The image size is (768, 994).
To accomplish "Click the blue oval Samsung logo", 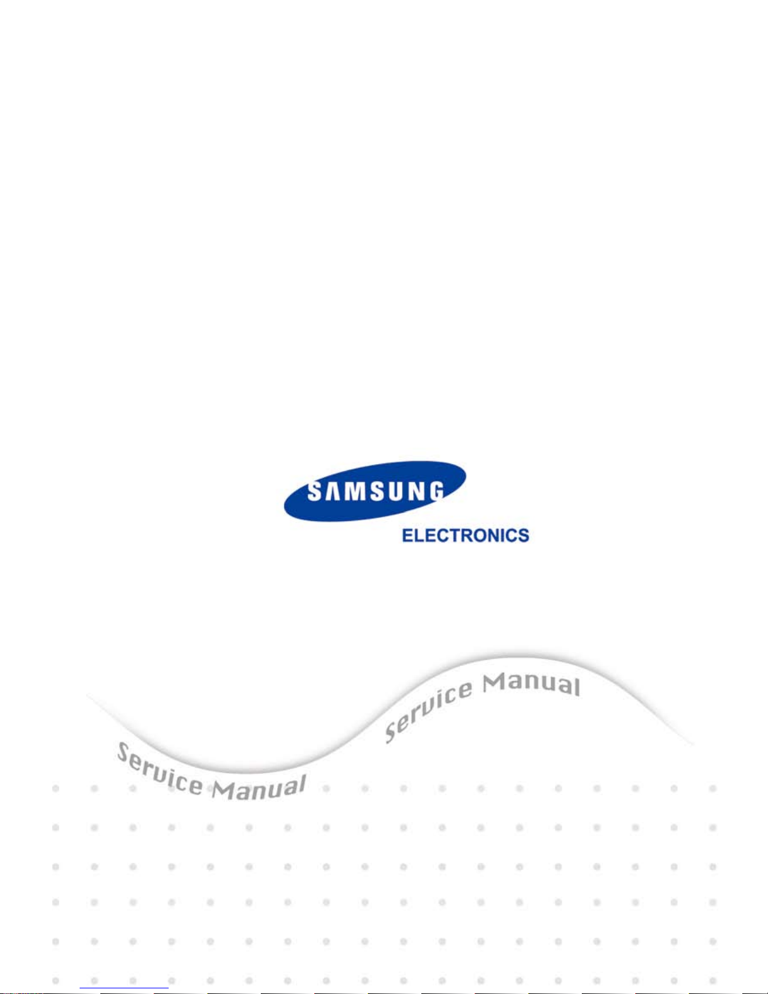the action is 375,492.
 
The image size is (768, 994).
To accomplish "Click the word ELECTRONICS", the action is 465,536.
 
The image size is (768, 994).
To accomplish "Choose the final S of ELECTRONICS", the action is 523,536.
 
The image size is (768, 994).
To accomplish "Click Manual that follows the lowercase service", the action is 531,684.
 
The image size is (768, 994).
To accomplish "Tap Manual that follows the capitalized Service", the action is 259,787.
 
